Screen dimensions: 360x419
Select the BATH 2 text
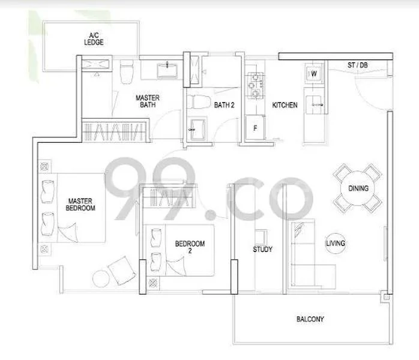point(224,106)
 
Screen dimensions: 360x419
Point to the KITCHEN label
point(285,106)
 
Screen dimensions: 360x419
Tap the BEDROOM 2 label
point(190,247)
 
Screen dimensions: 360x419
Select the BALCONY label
point(310,319)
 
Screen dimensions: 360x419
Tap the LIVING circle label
point(335,244)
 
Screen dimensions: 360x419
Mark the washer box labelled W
point(313,74)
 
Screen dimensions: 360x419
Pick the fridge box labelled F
point(255,128)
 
